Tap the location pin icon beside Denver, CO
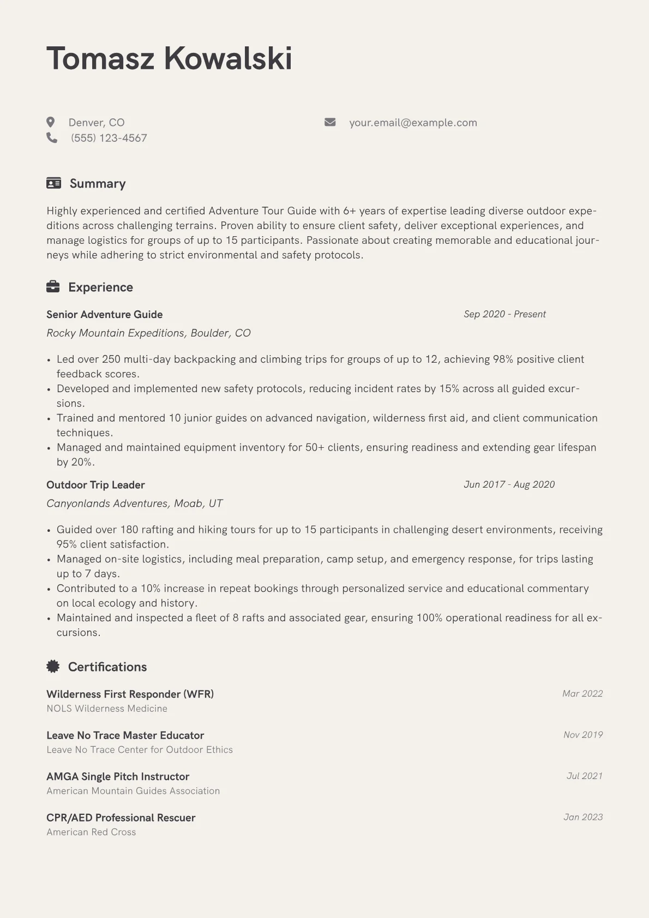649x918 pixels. tap(51, 122)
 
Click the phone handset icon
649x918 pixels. tap(52, 138)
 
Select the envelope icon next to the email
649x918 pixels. tap(330, 122)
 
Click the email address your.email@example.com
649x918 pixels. tap(413, 123)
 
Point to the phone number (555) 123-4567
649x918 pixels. tap(109, 138)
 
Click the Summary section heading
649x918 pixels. tap(98, 184)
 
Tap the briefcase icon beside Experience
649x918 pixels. tap(53, 287)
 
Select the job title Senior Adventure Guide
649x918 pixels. tap(105, 315)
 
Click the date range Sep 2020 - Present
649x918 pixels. tap(504, 314)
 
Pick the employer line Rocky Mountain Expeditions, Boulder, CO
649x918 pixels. tap(148, 333)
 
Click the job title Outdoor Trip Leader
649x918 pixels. tap(95, 485)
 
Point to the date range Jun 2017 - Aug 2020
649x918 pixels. tap(509, 484)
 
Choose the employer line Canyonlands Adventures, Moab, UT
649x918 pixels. tap(134, 503)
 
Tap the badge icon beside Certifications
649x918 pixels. tap(53, 667)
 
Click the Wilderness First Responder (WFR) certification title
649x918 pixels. tap(130, 694)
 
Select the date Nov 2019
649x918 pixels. tap(583, 735)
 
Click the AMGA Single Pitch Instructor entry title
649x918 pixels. tap(118, 777)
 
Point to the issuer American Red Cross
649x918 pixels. tap(91, 832)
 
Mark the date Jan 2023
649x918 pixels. tap(583, 817)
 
